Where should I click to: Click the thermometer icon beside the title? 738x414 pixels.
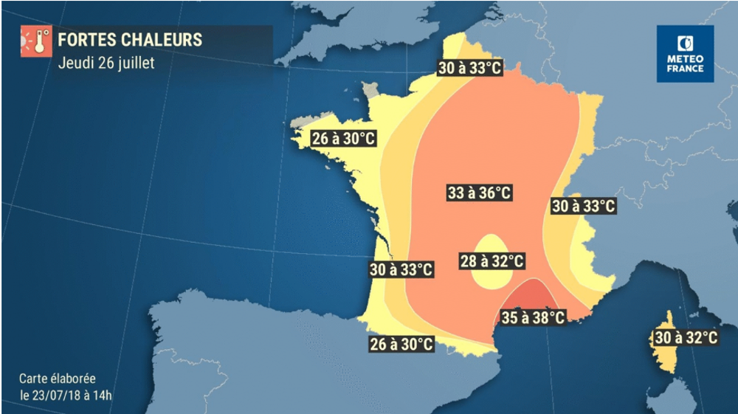click(35, 42)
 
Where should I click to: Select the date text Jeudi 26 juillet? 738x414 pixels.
click(106, 63)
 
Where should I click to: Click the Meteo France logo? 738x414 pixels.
click(686, 54)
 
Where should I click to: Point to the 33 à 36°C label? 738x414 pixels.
click(480, 193)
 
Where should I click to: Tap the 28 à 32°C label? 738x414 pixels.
click(492, 261)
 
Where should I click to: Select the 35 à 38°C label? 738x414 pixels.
click(533, 318)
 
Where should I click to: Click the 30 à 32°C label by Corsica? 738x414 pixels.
click(686, 338)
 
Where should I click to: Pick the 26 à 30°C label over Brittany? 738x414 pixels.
click(344, 139)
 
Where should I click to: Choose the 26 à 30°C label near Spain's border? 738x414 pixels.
click(401, 343)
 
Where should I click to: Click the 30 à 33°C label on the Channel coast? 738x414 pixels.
click(469, 69)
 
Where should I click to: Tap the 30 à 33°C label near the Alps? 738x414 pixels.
click(583, 207)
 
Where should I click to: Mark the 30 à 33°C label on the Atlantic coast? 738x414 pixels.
click(401, 269)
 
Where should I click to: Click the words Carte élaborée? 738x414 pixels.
click(58, 378)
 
